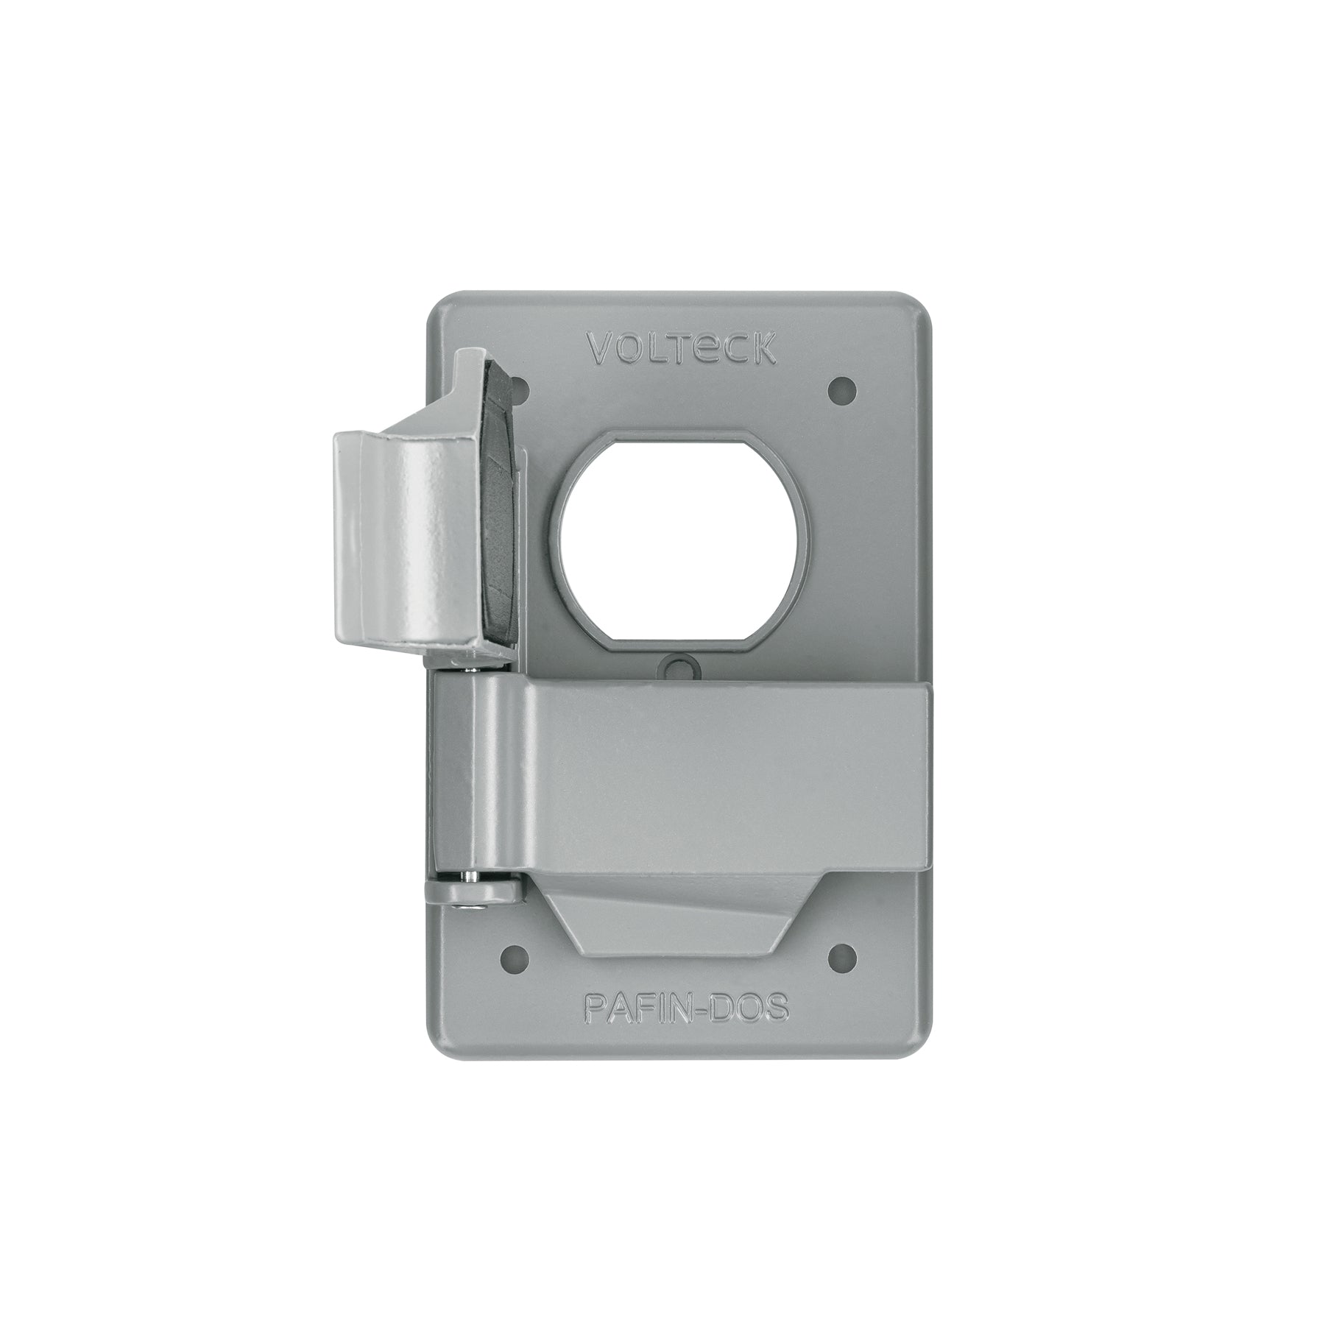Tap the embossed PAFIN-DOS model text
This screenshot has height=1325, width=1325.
685,1008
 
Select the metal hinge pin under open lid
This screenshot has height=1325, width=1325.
458,665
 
